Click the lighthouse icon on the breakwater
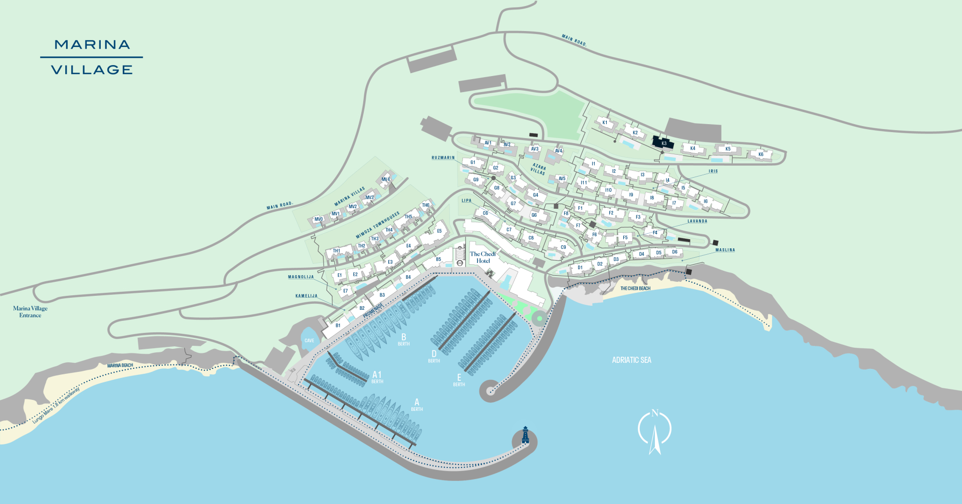click(x=525, y=435)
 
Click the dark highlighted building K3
click(x=663, y=143)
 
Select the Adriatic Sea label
click(x=631, y=360)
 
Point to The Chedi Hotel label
click(x=483, y=257)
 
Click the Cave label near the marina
click(x=309, y=340)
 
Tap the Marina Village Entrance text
click(x=30, y=312)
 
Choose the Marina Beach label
click(x=120, y=365)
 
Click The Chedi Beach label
click(x=635, y=288)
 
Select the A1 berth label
click(x=377, y=376)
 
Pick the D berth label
click(x=434, y=356)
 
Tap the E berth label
click(x=459, y=380)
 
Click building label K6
click(x=761, y=154)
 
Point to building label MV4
click(x=385, y=179)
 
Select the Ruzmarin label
click(x=443, y=158)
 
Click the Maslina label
click(x=725, y=250)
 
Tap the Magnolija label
click(x=301, y=277)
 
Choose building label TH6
click(x=425, y=205)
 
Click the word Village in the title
click(x=92, y=70)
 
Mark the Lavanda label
click(x=697, y=221)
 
